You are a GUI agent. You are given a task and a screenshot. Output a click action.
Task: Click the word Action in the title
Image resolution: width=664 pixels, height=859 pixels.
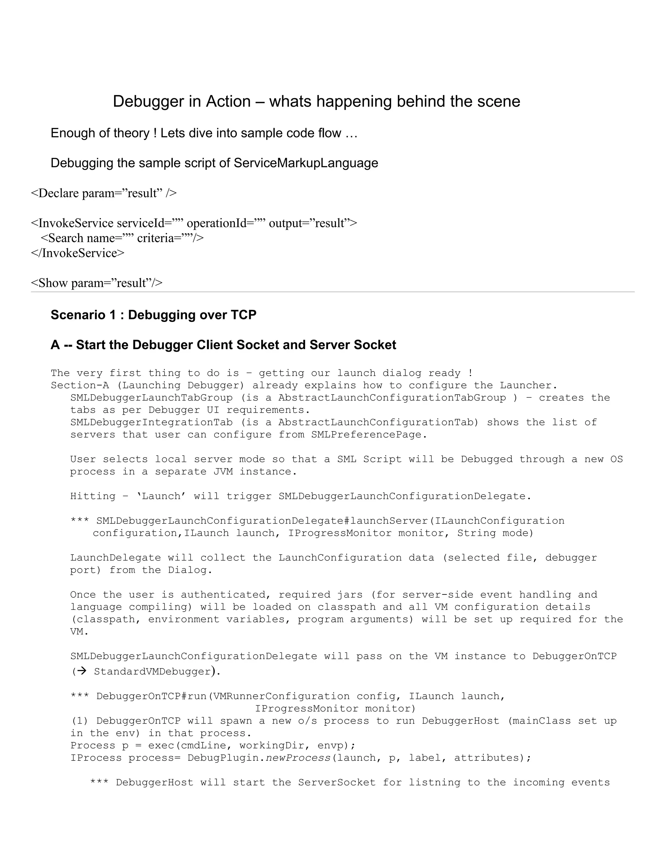[228, 101]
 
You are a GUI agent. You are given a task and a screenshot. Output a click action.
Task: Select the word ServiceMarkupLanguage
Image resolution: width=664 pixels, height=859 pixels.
[306, 163]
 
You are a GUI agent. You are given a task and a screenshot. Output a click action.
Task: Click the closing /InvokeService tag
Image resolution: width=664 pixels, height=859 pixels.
[77, 253]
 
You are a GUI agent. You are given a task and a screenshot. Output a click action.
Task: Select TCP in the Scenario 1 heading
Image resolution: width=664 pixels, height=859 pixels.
[243, 315]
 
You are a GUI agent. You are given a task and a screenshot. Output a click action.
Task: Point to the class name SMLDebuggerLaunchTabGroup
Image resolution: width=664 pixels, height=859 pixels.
[151, 398]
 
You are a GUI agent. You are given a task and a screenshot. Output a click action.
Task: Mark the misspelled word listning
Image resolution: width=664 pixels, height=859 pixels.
[431, 783]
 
